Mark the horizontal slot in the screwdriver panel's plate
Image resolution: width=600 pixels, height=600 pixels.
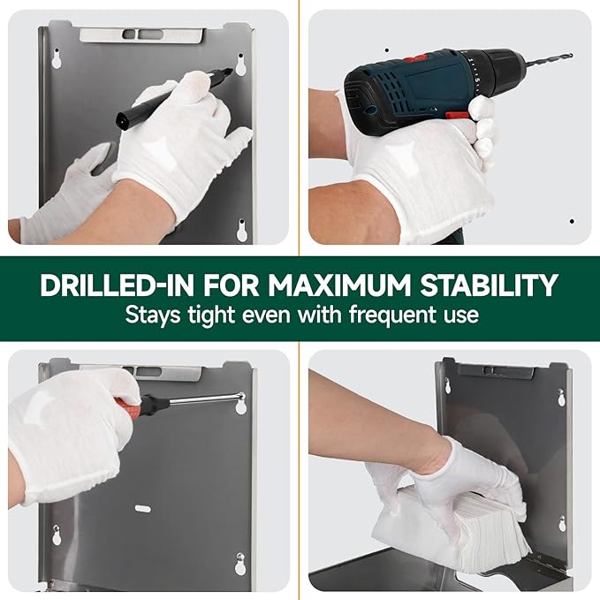[141, 508]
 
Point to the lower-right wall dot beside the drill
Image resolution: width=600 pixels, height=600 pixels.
[571, 221]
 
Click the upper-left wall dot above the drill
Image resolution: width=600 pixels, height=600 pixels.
[386, 50]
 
